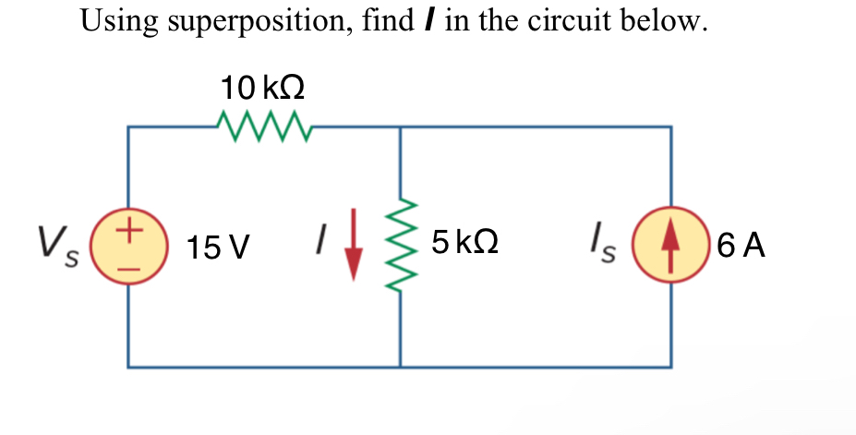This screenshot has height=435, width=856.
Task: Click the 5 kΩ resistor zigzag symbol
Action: click(x=401, y=248)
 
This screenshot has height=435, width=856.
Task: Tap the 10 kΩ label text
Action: click(x=263, y=89)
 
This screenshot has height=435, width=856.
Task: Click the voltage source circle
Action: click(x=128, y=246)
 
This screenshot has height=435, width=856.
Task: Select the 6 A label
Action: click(x=740, y=246)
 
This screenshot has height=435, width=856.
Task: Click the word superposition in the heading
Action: click(x=254, y=21)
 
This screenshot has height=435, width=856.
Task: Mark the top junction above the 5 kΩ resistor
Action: click(x=401, y=127)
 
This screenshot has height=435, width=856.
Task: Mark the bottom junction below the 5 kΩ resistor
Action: click(x=401, y=367)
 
